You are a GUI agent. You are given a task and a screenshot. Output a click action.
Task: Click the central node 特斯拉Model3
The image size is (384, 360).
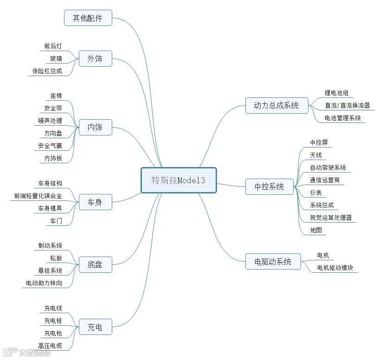tap(179, 180)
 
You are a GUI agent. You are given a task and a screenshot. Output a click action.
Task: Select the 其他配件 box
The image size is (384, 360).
tap(88, 19)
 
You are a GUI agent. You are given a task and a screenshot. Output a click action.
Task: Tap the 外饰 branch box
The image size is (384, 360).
tap(95, 58)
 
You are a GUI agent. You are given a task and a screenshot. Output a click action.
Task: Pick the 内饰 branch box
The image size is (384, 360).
tap(95, 127)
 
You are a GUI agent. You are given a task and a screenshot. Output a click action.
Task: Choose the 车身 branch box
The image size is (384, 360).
tap(95, 202)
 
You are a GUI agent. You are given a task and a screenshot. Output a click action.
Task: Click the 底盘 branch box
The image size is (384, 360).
tap(95, 265)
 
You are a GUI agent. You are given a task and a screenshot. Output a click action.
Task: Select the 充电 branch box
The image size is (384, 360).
tap(95, 328)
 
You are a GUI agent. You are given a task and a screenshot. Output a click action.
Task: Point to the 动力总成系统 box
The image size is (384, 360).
tap(276, 105)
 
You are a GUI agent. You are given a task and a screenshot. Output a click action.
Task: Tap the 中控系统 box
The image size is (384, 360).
tap(269, 186)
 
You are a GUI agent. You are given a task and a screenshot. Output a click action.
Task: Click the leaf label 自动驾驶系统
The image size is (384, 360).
tap(328, 167)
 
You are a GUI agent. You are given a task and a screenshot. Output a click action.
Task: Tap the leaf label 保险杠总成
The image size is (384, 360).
tap(47, 71)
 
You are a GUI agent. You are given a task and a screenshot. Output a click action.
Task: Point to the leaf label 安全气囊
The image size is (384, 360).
tap(50, 146)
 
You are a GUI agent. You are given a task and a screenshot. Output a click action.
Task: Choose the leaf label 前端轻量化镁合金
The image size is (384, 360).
tap(38, 196)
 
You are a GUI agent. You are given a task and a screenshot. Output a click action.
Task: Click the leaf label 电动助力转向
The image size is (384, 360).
tap(44, 283)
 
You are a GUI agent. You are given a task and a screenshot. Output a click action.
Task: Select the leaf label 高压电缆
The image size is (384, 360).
tap(50, 346)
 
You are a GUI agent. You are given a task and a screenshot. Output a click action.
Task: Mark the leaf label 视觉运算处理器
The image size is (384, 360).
tap(331, 218)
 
